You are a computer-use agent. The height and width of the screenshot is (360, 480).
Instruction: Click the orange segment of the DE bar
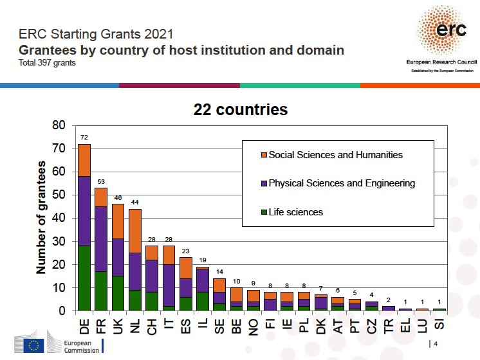[84, 160]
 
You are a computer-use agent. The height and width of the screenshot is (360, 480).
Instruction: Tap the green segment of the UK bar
[118, 293]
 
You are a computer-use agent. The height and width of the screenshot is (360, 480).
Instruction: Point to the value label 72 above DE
[84, 138]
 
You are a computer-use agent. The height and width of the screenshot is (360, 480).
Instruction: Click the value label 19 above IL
[203, 260]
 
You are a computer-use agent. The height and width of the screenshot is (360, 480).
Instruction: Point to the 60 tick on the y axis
[60, 172]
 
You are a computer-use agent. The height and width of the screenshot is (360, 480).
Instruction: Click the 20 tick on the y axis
[60, 265]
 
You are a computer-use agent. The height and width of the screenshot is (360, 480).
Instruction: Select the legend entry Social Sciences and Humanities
[335, 155]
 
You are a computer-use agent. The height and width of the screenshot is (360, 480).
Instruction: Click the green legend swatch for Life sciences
[264, 212]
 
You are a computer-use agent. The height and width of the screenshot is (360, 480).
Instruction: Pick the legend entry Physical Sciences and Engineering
[342, 183]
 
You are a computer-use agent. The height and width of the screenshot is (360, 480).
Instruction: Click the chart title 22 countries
[241, 110]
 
